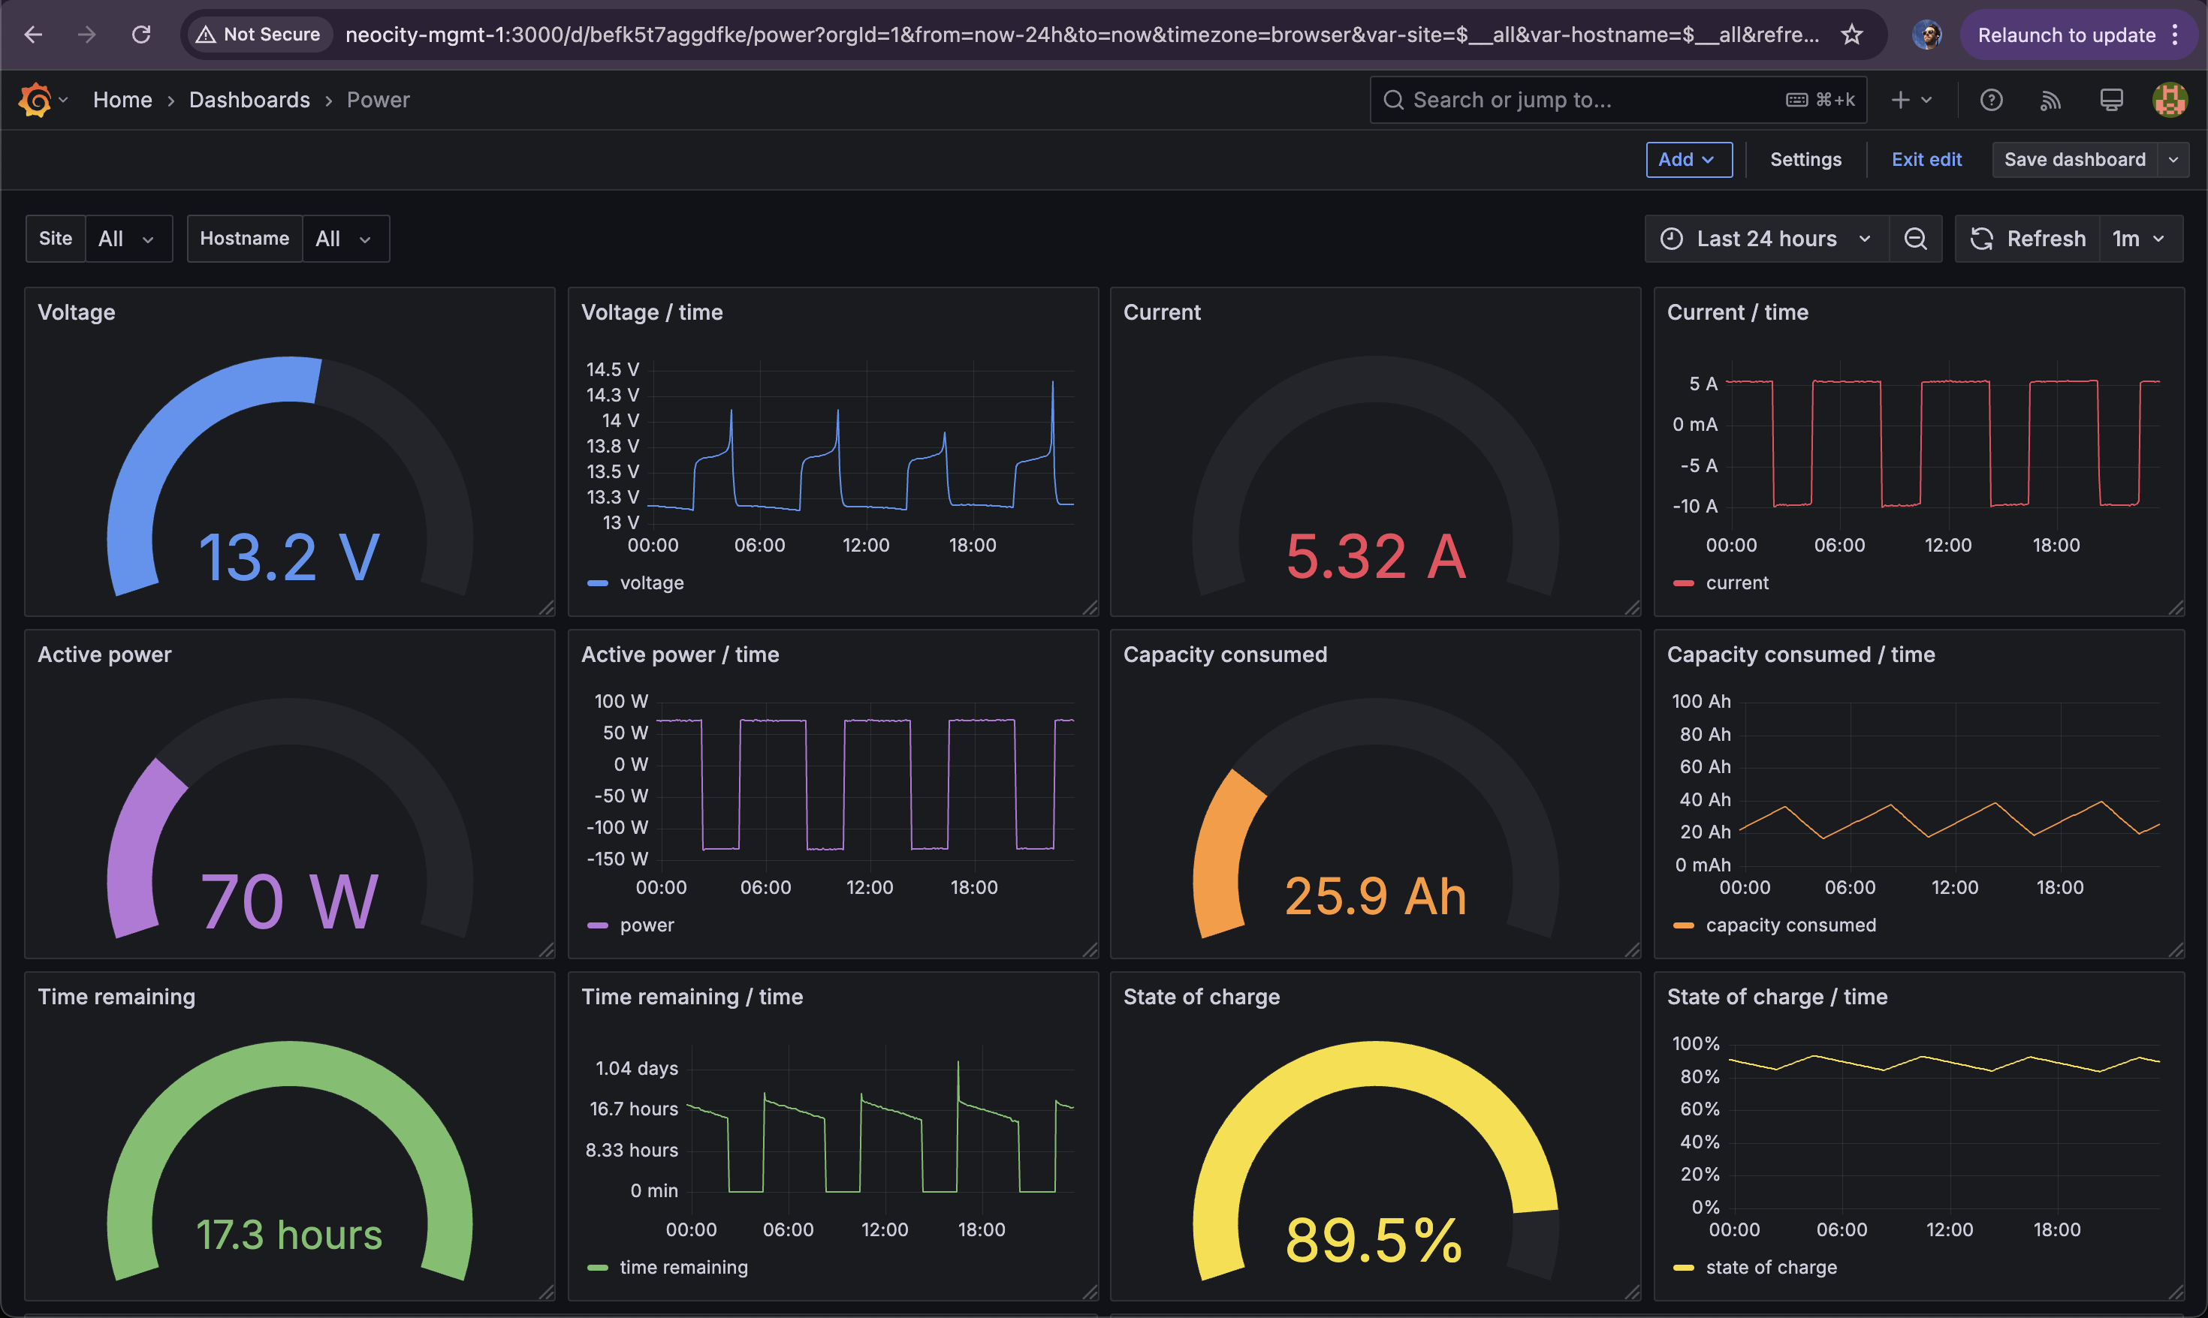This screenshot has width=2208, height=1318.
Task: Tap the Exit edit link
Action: pyautogui.click(x=1926, y=160)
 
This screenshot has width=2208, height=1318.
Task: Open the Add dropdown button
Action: pyautogui.click(x=1689, y=160)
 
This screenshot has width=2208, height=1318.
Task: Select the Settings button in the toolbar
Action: pyautogui.click(x=1805, y=160)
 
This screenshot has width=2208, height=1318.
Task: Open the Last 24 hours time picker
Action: pyautogui.click(x=1766, y=239)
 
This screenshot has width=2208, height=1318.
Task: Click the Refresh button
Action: pyautogui.click(x=2029, y=239)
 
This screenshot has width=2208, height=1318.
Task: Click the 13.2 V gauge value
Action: pyautogui.click(x=290, y=558)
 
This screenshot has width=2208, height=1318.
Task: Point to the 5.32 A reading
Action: pyautogui.click(x=1375, y=557)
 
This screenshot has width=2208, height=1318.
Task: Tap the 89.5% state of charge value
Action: pyautogui.click(x=1374, y=1240)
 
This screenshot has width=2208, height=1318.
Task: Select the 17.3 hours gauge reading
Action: pyautogui.click(x=290, y=1235)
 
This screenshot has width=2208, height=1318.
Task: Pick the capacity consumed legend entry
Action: pyautogui.click(x=1775, y=925)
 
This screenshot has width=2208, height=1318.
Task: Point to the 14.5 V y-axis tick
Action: pyautogui.click(x=612, y=369)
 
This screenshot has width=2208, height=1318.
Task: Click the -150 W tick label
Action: pyautogui.click(x=617, y=859)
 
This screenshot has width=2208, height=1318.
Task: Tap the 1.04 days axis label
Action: pyautogui.click(x=636, y=1068)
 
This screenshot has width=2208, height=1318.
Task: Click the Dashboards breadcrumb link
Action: pyautogui.click(x=249, y=101)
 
